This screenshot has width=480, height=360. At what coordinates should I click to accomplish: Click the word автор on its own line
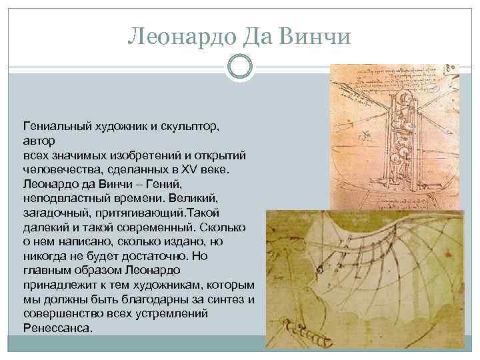(39, 141)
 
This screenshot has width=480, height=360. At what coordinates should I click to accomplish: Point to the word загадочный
(58, 213)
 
